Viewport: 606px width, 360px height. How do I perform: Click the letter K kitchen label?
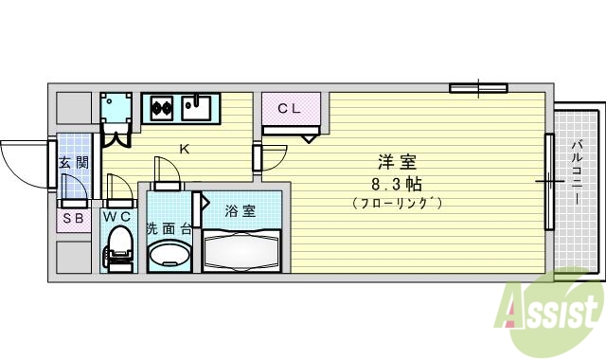[x=185, y=149]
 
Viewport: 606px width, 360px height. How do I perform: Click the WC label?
[x=117, y=217]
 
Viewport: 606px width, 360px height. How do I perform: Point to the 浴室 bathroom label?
[x=240, y=211]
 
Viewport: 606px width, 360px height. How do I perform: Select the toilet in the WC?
[x=117, y=251]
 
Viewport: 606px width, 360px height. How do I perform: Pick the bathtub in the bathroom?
[x=241, y=253]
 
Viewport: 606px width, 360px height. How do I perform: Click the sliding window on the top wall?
[x=478, y=89]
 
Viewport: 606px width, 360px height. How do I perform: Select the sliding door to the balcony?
[x=548, y=180]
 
